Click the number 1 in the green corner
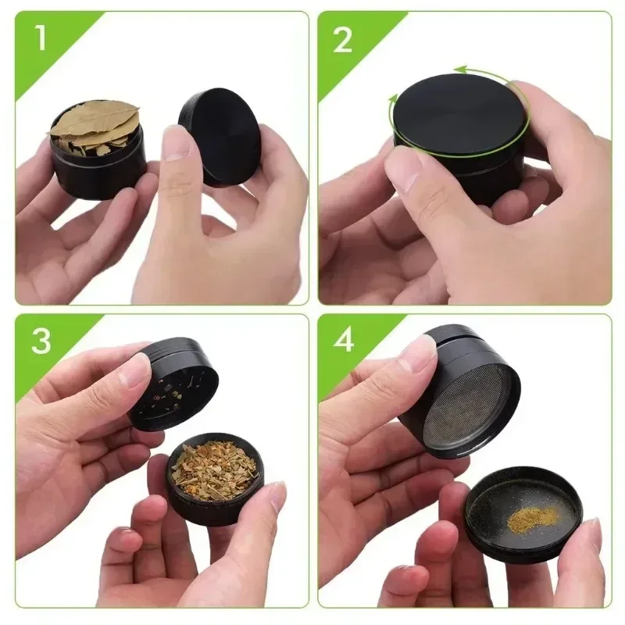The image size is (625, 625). pos(40,40)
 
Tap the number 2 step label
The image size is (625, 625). pos(342,40)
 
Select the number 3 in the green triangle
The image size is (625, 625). pos(41,342)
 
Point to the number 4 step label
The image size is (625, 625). pos(343,343)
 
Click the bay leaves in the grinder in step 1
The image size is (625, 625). pos(94,125)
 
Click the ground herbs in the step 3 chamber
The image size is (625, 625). pos(215,469)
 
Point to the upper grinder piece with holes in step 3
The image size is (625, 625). pos(176,387)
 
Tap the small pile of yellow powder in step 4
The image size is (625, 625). pos(531,516)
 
